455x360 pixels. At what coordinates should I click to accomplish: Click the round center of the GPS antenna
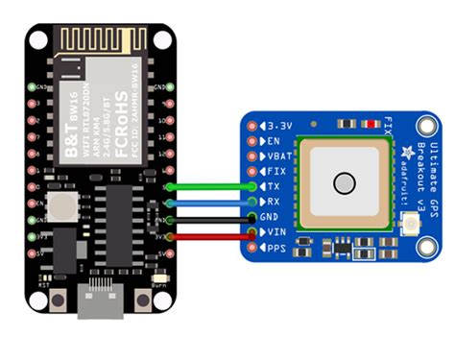click(344, 183)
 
